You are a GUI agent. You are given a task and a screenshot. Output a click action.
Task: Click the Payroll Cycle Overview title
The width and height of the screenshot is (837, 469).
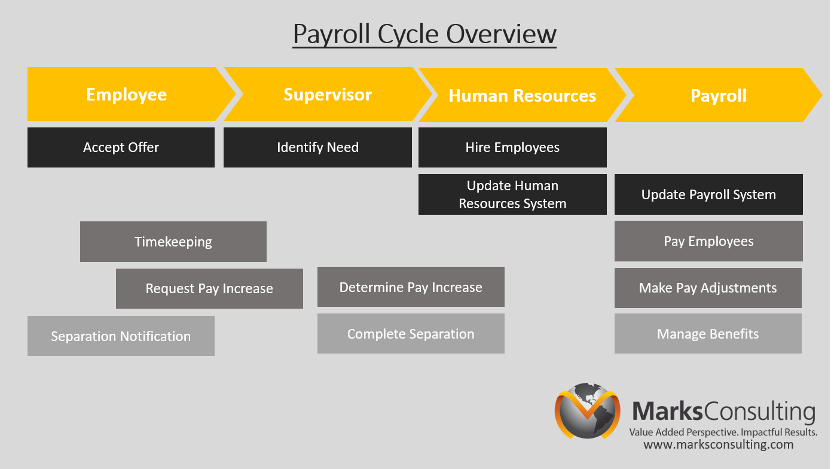point(424,34)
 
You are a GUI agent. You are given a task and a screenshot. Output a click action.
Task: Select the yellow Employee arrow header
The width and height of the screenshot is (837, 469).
point(126,95)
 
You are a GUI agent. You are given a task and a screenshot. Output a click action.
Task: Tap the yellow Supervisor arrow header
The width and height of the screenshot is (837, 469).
point(327,95)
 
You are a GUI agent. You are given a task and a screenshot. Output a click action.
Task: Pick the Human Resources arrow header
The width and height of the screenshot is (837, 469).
point(522,96)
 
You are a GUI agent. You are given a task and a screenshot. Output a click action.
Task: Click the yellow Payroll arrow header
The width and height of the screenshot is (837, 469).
point(718,96)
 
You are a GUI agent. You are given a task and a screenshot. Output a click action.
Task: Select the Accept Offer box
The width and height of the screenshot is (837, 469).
point(121,147)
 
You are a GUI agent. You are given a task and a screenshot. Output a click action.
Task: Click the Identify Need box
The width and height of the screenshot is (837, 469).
point(317,147)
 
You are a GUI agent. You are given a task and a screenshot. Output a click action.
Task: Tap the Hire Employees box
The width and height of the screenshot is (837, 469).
point(512,147)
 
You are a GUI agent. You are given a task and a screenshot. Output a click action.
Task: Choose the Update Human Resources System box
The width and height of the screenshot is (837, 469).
point(512,194)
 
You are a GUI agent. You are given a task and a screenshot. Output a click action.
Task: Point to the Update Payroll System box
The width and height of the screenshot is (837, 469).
point(708,194)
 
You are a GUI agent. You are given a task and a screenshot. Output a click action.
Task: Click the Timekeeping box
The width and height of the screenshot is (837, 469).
point(173,242)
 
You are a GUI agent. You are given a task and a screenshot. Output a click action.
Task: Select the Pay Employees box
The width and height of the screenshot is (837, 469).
point(708,241)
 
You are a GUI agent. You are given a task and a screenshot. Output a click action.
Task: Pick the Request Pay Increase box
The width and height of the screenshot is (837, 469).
point(209,288)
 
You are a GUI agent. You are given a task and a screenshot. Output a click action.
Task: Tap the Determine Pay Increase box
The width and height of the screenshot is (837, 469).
point(411,287)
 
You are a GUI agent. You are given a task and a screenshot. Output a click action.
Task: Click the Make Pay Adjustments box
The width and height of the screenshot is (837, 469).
point(708,288)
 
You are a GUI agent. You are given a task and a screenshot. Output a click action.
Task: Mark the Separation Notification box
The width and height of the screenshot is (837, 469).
point(121,336)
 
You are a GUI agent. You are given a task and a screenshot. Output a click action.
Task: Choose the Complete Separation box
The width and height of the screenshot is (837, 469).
point(411,334)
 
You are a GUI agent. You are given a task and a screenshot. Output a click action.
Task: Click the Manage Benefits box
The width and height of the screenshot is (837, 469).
point(708,334)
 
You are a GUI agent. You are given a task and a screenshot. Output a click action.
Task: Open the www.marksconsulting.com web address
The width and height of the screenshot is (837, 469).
point(718,444)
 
